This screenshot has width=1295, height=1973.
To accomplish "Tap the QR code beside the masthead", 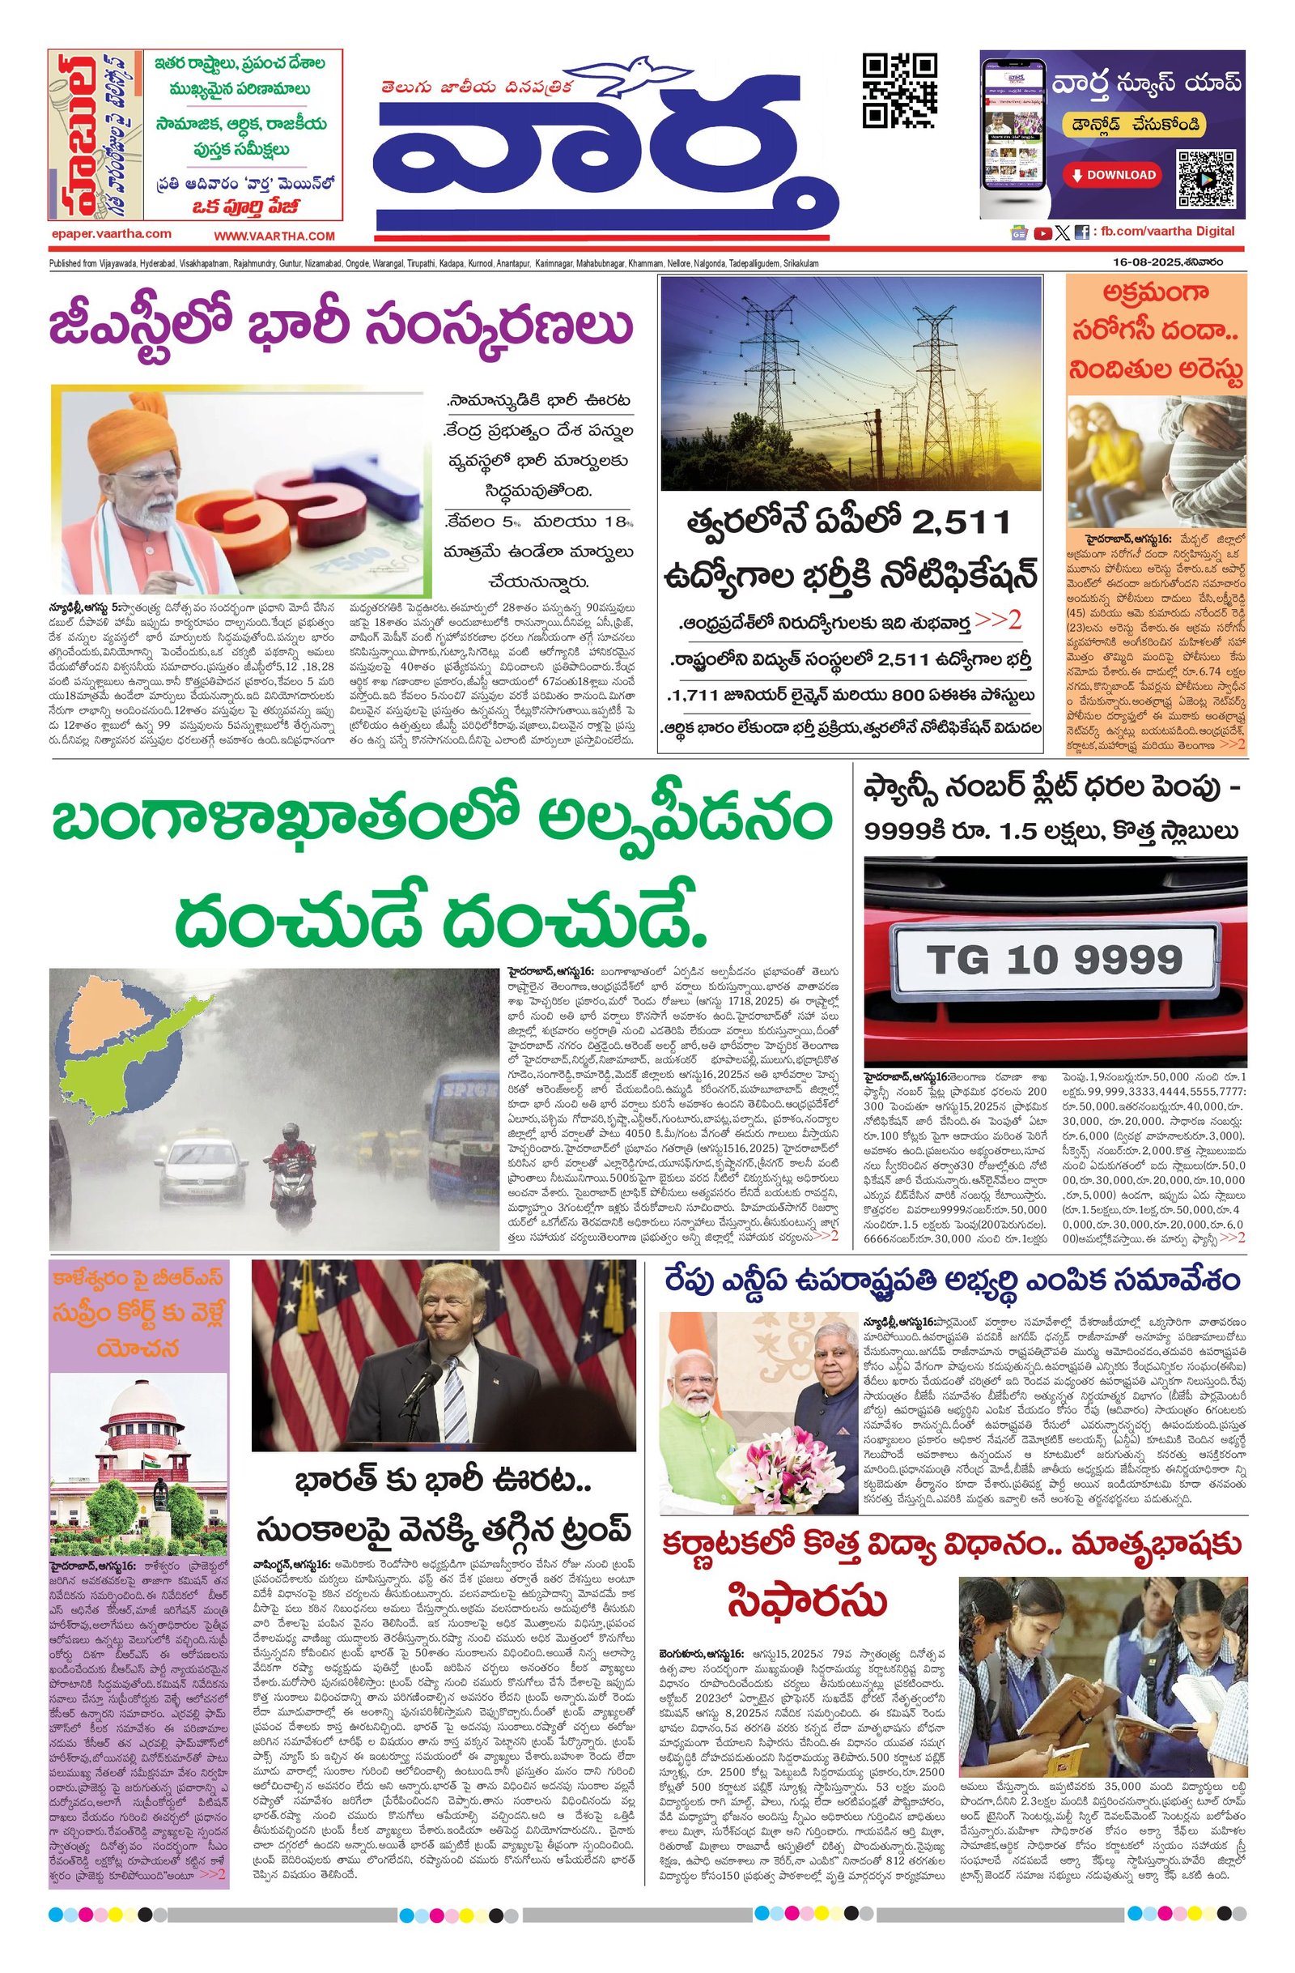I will point(899,91).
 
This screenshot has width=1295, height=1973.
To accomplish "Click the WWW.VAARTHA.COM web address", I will point(274,237).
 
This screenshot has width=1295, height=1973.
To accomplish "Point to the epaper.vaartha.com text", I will point(111,235).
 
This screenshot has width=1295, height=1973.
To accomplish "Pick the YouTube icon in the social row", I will point(1042,233).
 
